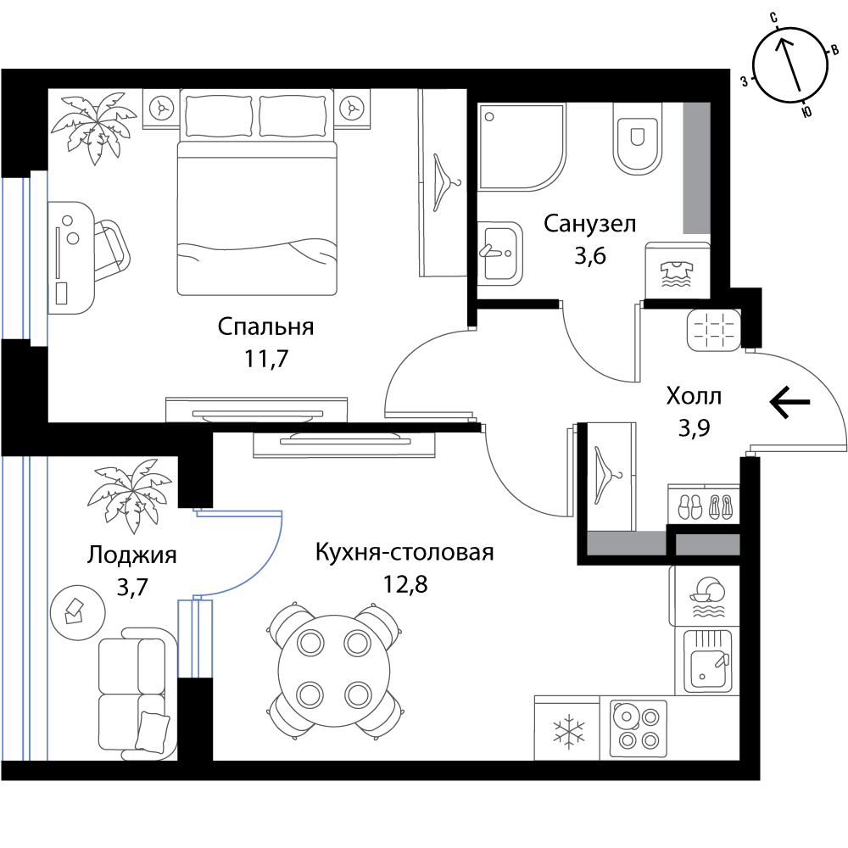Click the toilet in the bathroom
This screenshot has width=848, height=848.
tap(638, 139)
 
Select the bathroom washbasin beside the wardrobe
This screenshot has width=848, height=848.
tap(499, 253)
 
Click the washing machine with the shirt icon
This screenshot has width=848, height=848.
tap(677, 271)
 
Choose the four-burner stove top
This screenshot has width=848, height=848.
tap(638, 728)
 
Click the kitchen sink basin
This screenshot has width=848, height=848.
tap(707, 662)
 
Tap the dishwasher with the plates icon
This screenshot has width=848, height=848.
tap(706, 596)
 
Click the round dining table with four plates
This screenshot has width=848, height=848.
tap(334, 670)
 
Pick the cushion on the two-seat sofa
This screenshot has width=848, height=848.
tap(153, 731)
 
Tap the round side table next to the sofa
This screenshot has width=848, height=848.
tap(77, 611)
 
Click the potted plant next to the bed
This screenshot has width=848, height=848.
tap(93, 127)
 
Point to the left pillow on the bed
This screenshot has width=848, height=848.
tap(218, 116)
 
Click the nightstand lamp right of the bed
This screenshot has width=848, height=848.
tap(352, 108)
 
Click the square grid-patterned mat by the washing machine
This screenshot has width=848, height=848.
tap(713, 330)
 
